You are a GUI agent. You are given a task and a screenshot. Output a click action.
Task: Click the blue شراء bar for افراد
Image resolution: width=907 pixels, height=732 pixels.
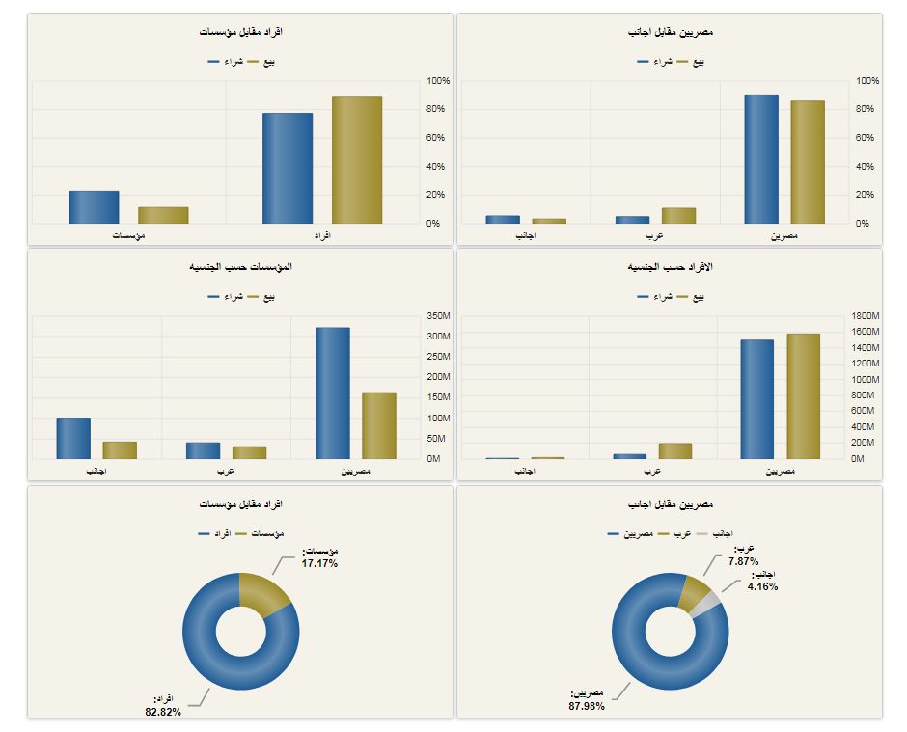click(288, 168)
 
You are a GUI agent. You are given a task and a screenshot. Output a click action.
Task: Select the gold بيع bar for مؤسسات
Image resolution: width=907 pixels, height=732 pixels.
click(163, 215)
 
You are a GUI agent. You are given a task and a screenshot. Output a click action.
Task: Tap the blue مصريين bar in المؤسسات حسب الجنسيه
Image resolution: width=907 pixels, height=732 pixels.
click(333, 393)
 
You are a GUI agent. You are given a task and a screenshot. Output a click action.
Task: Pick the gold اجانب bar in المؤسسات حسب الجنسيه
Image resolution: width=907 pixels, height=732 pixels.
click(120, 449)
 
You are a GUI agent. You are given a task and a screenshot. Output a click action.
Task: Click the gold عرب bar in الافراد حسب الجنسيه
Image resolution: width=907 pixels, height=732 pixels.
click(675, 450)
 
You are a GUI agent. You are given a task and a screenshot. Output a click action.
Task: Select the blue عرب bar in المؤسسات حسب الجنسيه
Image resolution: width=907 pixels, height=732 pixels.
click(203, 450)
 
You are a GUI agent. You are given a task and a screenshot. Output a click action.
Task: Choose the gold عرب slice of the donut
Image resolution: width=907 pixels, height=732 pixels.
click(692, 590)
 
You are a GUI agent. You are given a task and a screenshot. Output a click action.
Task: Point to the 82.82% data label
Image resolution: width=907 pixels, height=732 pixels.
click(163, 712)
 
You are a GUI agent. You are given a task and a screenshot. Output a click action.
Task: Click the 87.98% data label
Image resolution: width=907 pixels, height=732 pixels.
click(587, 705)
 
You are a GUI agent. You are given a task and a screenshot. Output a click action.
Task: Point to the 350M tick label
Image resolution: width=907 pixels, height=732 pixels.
click(438, 316)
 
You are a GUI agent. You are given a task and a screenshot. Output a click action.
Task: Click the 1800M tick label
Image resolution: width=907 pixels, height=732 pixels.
click(866, 316)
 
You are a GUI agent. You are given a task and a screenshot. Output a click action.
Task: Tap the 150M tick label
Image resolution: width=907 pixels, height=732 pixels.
click(438, 397)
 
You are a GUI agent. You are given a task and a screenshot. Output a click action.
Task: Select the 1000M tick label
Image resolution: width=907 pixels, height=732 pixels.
click(866, 380)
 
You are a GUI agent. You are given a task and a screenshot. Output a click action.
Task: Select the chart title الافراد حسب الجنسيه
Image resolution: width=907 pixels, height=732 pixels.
click(670, 266)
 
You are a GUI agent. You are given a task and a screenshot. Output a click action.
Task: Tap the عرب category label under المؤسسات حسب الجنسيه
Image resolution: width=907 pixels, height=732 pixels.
click(227, 472)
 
